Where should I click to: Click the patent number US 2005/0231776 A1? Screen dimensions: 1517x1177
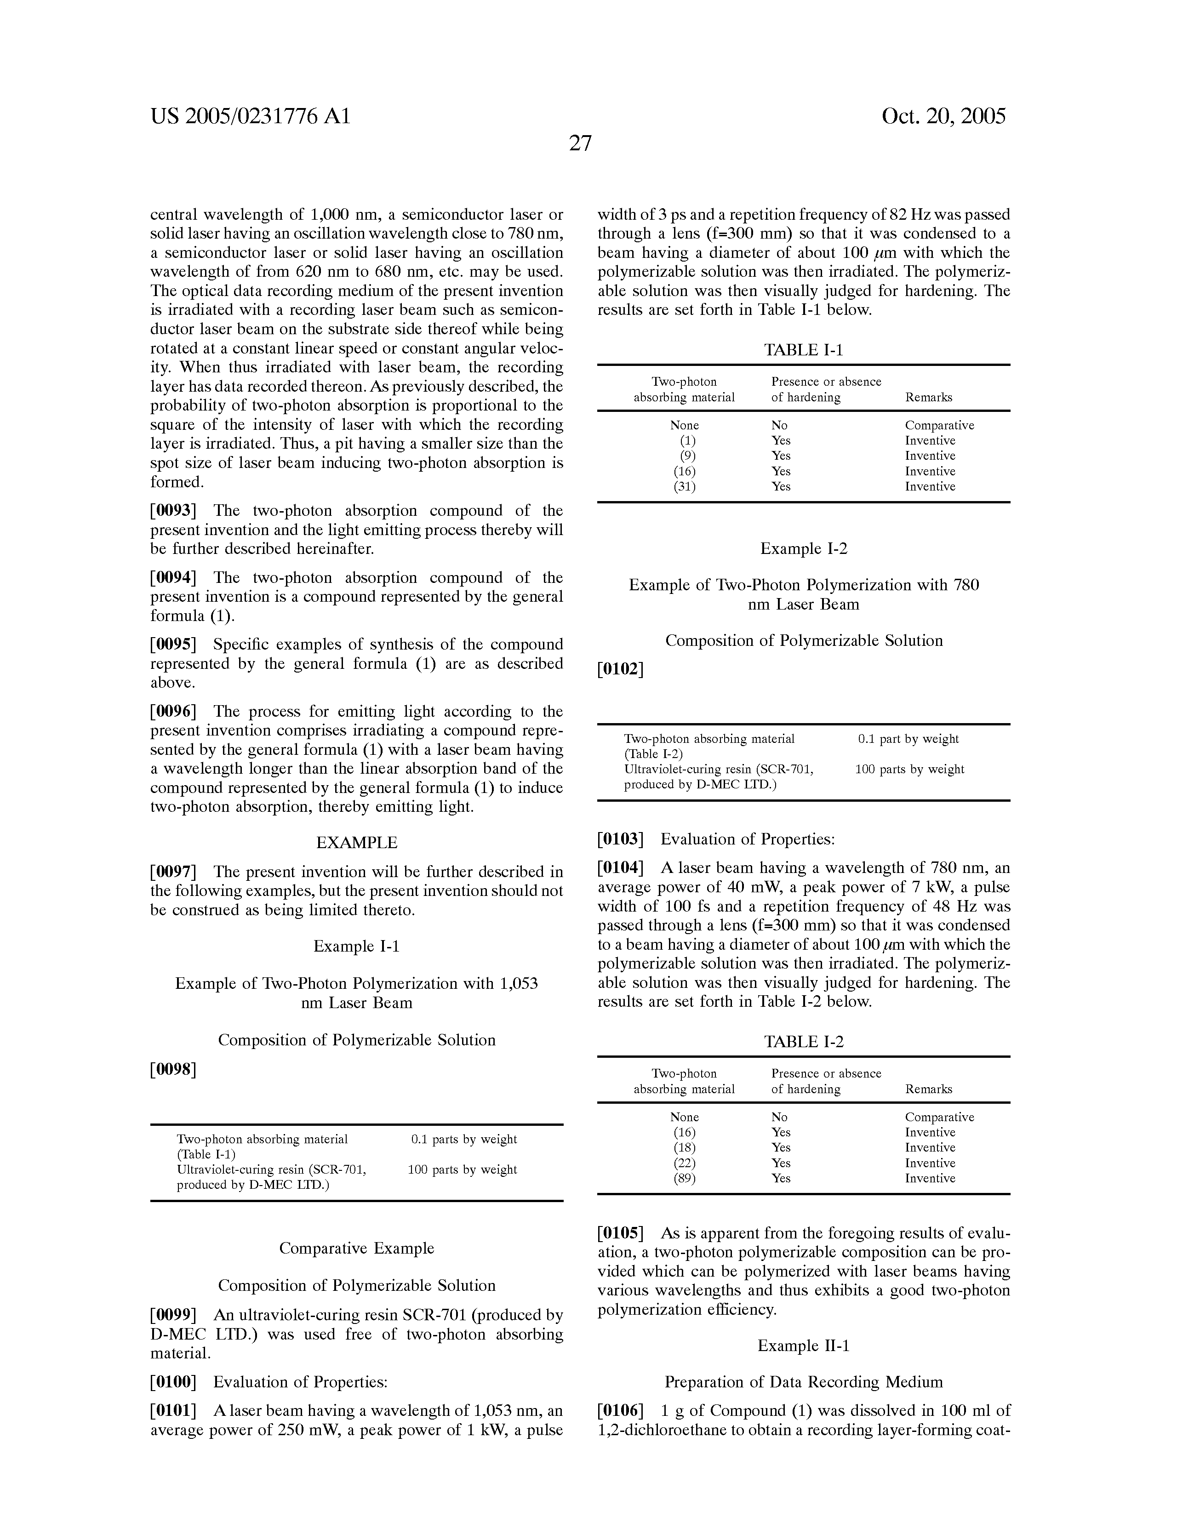[251, 116]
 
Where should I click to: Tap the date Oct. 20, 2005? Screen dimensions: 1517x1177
[943, 116]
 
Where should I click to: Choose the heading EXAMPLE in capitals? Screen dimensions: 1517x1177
[356, 843]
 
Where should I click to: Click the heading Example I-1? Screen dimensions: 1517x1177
[356, 946]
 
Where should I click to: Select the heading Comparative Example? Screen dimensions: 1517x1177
[356, 1248]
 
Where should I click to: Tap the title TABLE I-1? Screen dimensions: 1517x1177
[803, 350]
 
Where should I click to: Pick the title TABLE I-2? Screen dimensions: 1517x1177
[803, 1042]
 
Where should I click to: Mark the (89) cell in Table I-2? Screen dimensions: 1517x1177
[685, 1178]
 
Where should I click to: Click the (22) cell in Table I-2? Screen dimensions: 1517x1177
[685, 1163]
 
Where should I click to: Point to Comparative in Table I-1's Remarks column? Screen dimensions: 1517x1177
[939, 425]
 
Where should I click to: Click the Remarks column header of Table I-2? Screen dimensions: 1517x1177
[928, 1089]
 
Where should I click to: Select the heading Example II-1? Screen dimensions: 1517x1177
[803, 1346]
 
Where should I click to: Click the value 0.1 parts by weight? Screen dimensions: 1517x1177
[463, 1139]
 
